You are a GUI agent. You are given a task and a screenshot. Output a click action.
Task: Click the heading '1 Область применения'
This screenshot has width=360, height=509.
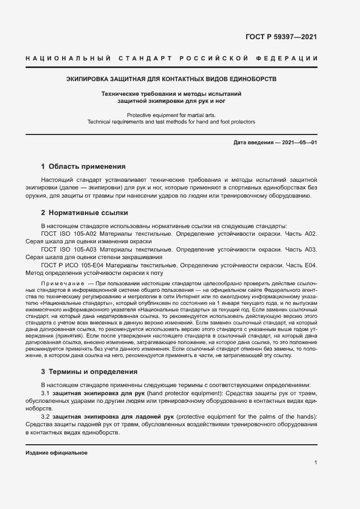83,167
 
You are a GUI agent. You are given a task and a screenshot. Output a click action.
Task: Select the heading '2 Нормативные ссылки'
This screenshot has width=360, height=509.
84,213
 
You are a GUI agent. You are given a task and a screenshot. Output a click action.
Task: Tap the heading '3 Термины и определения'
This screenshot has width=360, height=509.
89,372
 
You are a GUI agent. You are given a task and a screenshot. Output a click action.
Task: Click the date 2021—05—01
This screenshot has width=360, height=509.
298,143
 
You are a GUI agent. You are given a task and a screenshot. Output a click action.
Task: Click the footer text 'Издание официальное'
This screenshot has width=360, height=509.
57,453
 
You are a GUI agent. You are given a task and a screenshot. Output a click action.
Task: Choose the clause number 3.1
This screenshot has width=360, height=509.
46,393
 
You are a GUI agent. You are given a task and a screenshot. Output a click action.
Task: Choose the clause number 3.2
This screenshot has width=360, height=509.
46,417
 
